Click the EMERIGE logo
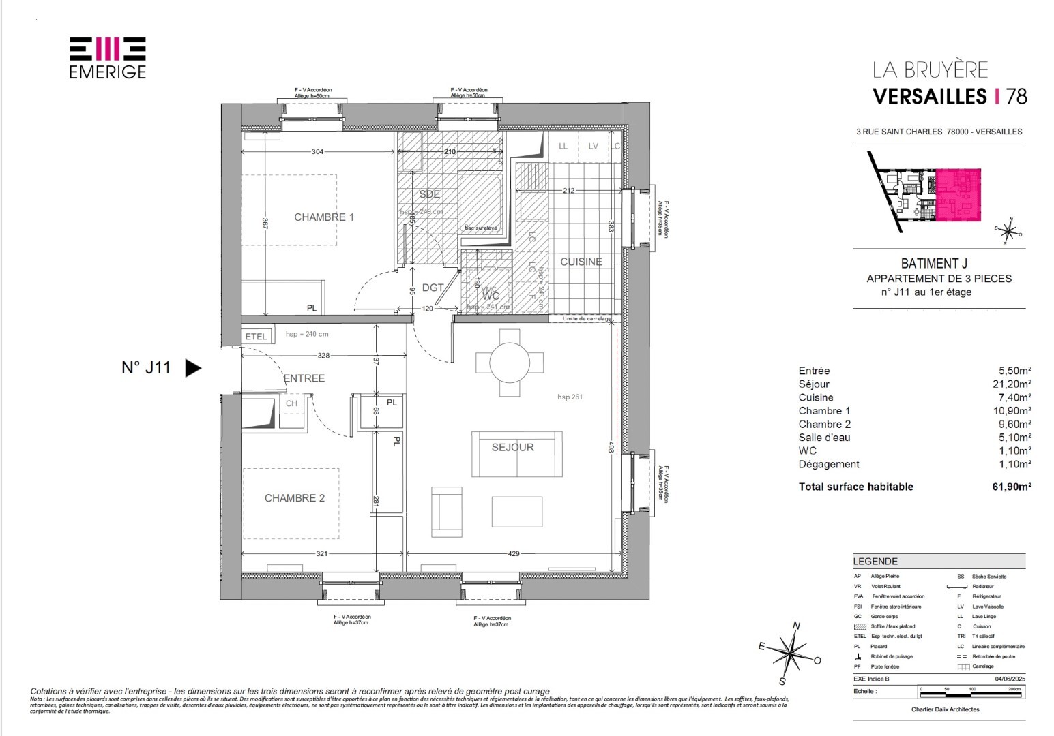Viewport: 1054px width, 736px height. [108, 57]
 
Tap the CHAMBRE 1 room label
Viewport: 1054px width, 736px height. [324, 217]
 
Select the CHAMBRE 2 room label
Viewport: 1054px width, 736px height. [295, 498]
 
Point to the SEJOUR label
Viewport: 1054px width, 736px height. [513, 448]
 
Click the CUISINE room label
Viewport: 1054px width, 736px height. [581, 262]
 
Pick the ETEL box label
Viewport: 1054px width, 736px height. [256, 337]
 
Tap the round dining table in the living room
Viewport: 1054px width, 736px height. [510, 362]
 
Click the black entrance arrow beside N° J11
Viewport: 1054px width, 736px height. [194, 369]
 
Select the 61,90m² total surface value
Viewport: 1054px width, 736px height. [1011, 487]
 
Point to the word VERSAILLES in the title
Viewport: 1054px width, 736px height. [930, 96]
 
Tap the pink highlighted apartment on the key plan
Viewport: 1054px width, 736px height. [958, 194]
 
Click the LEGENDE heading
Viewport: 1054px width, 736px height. [875, 562]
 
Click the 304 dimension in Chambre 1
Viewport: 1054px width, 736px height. [317, 152]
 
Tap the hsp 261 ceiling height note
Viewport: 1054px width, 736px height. [570, 397]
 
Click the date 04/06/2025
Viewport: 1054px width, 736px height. [1009, 679]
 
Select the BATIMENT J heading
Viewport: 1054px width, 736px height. [939, 264]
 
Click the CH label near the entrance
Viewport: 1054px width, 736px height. [291, 403]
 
